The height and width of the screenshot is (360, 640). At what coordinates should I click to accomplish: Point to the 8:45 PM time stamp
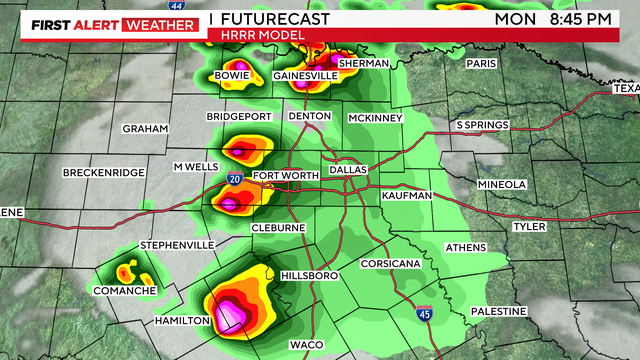coord(589,18)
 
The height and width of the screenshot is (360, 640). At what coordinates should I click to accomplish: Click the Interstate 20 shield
coord(233,178)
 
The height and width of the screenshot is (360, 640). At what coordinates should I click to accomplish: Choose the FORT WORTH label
coord(285,176)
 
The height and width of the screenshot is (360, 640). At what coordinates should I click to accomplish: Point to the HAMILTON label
coord(182,320)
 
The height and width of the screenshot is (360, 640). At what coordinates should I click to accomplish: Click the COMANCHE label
coord(125,291)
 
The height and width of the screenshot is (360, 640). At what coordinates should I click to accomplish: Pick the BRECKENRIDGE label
coord(105,173)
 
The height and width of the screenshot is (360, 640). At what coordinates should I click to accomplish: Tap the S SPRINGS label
coord(484,125)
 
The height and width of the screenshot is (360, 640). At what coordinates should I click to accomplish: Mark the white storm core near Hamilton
coord(233,318)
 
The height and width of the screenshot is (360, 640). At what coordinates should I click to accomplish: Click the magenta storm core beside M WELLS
coord(241,152)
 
